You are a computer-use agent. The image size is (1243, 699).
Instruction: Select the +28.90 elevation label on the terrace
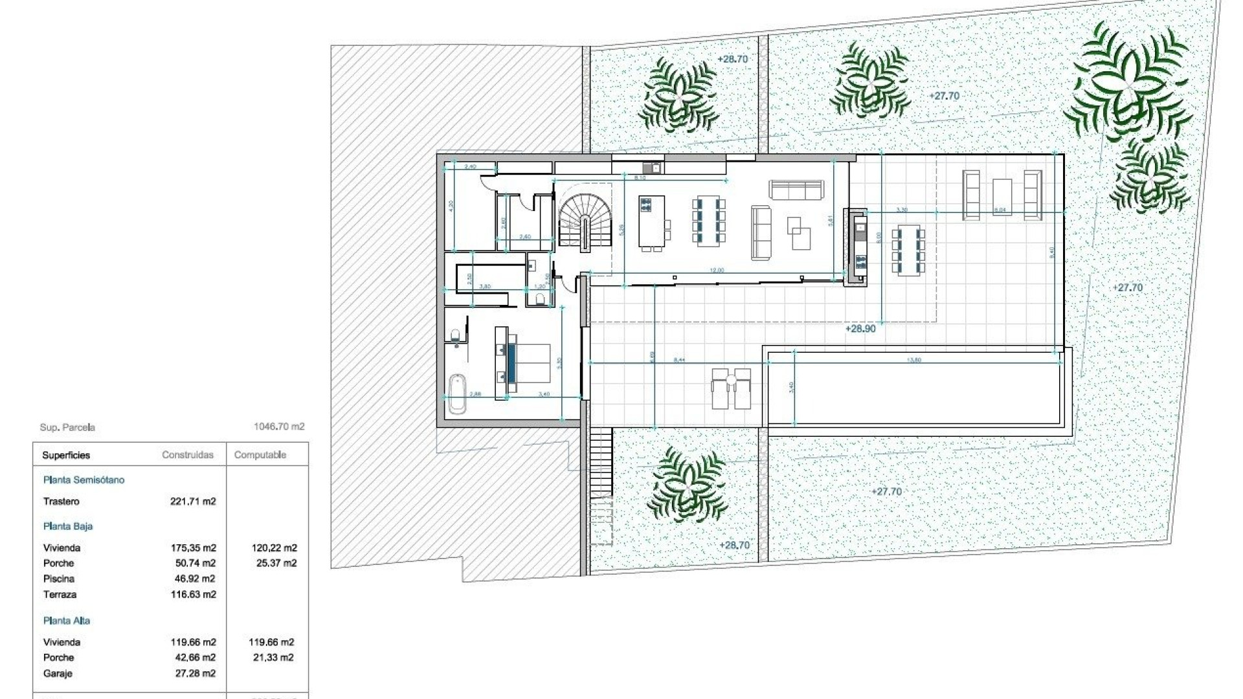coord(860,329)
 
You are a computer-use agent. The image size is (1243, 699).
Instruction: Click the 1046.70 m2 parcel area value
coord(279,427)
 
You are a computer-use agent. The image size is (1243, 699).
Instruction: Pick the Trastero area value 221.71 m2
coord(193,502)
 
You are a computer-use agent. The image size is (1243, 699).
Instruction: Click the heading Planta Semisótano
coord(84,480)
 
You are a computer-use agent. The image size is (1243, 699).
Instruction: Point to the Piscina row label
coord(59,579)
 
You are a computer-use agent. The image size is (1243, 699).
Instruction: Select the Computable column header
coord(260,455)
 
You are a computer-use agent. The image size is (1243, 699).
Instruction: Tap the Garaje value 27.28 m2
coord(193,674)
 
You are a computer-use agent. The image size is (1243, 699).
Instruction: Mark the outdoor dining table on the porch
coord(908,251)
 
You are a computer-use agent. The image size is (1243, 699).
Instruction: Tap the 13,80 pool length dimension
coord(914,360)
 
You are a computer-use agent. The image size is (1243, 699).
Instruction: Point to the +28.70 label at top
coord(732,59)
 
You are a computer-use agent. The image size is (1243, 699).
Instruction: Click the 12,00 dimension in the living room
coord(717,271)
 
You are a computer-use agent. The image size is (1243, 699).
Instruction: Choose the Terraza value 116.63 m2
coord(193,594)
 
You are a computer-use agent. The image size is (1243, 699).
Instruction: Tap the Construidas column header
coord(188,455)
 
